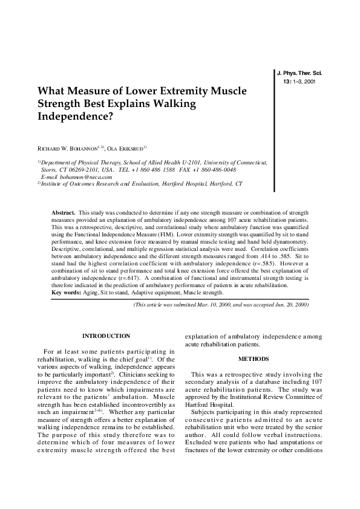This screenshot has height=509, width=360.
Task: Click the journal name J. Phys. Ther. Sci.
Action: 299,73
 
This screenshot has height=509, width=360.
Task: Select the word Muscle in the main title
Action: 227,91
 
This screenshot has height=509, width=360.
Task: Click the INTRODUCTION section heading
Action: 106,336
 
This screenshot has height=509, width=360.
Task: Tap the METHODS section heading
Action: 254,358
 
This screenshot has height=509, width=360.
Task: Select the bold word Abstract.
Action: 64,213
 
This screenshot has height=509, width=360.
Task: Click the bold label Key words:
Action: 66,293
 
